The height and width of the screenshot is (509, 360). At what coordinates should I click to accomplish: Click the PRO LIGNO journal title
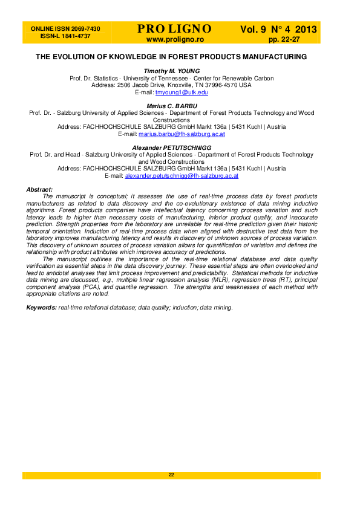[174, 29]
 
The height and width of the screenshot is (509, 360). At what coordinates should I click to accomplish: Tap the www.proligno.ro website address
[175, 39]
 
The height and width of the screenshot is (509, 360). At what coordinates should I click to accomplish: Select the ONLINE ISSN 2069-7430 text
[65, 29]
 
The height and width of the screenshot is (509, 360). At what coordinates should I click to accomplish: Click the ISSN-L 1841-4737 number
[65, 36]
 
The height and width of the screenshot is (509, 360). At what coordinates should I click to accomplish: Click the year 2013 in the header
[306, 29]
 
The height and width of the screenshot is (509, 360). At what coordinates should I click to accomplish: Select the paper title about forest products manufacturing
[171, 57]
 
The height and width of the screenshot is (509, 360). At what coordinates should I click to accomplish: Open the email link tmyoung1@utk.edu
[182, 92]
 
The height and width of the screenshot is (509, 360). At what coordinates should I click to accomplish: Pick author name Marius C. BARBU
[171, 106]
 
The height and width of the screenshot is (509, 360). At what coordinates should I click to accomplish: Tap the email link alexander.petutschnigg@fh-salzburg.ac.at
[182, 175]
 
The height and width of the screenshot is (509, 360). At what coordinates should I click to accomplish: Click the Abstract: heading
[40, 190]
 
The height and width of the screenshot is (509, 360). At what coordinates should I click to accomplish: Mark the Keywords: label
[42, 308]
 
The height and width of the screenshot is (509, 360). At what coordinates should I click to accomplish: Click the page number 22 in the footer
[171, 475]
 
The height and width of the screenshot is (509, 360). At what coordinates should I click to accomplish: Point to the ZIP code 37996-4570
[222, 85]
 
